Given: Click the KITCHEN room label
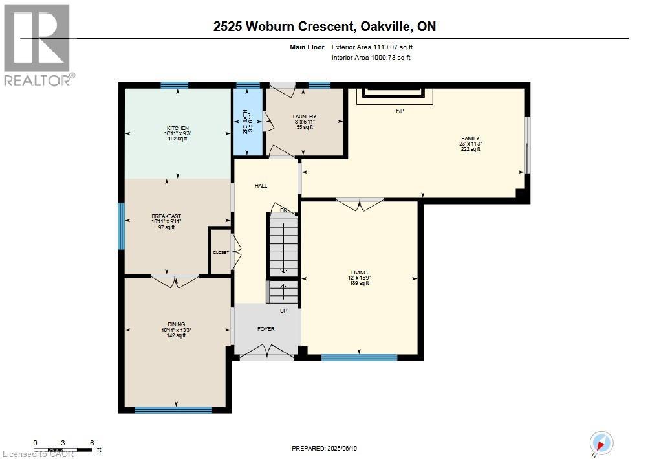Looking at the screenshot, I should point(177,128).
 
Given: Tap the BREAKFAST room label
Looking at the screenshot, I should point(166,216).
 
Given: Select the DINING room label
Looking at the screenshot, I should point(176,324).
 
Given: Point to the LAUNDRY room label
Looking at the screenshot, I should point(304,117).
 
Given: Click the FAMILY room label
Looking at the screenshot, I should point(470,139).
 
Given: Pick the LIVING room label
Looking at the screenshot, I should point(359,273).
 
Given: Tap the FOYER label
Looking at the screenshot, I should point(266,329).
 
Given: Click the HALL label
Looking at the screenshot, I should point(261,186).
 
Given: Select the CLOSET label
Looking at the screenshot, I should point(221,252).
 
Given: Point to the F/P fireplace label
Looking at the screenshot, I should point(400,111).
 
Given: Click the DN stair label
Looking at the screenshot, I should point(283,210).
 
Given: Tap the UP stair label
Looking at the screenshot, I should point(283,311).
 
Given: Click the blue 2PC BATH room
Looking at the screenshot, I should point(248,122).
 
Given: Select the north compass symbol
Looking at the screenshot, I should point(601,443).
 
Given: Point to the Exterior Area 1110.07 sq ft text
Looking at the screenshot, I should point(371,47).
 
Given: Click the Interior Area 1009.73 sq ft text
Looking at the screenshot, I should point(371,58).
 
